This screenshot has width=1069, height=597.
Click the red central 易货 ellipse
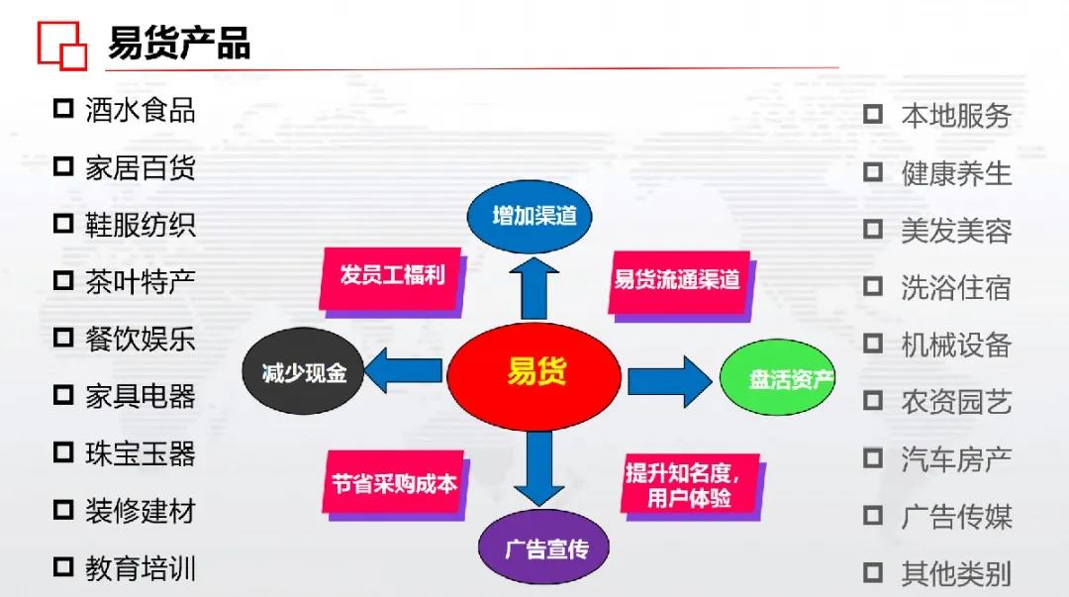coord(534,374)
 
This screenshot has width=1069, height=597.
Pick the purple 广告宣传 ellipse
coord(545,547)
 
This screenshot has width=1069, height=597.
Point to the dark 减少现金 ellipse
coord(304,373)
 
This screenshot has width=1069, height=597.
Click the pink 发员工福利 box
coord(392,275)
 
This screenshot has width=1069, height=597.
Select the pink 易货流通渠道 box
coord(677,280)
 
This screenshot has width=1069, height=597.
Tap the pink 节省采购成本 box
coord(394,483)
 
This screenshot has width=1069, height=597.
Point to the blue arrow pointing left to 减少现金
coord(404,372)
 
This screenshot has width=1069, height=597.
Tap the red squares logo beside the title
coord(61,45)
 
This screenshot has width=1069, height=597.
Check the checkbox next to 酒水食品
coord(63,108)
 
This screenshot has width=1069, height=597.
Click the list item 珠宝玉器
coord(140,453)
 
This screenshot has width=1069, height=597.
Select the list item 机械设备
coord(955,345)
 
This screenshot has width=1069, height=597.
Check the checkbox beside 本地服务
coord(872,114)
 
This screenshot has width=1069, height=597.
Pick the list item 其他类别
coord(955,573)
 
